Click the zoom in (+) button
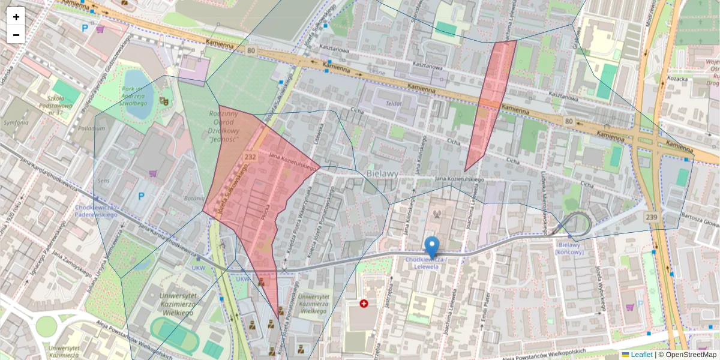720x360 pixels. (16, 17)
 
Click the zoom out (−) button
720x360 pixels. (16, 35)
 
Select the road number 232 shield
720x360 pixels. (251, 157)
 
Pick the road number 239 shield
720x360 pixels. (653, 216)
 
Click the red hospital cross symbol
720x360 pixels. (364, 304)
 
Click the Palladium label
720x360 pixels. (91, 128)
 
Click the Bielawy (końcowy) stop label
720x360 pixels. (570, 248)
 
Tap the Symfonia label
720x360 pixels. (16, 122)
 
